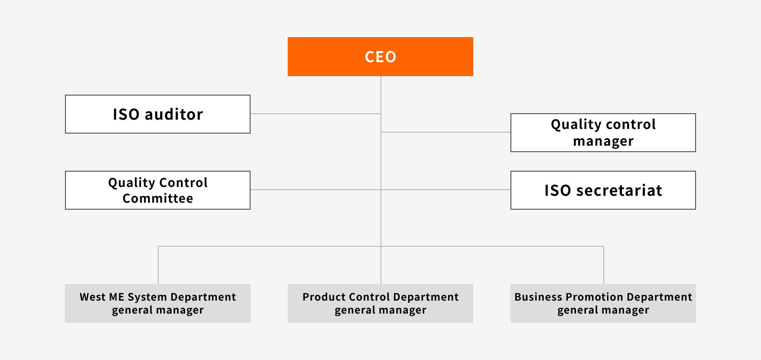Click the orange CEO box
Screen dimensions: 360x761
pyautogui.click(x=380, y=57)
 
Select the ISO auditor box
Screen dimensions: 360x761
pyautogui.click(x=158, y=114)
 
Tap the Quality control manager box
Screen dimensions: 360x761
pyautogui.click(x=603, y=133)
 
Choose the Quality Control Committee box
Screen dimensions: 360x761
pyautogui.click(x=158, y=190)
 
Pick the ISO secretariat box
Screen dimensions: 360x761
pyautogui.click(x=603, y=190)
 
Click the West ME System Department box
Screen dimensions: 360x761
pyautogui.click(x=158, y=303)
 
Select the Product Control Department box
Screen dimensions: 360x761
pyautogui.click(x=380, y=303)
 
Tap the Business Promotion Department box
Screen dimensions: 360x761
pyautogui.click(x=603, y=303)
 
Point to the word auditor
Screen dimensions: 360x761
pyautogui.click(x=174, y=115)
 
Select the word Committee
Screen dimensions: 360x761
pyautogui.click(x=158, y=199)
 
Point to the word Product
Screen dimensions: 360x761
pyautogui.click(x=323, y=297)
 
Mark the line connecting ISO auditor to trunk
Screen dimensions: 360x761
pyautogui.click(x=316, y=114)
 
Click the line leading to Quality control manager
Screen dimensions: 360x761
pyautogui.click(x=445, y=132)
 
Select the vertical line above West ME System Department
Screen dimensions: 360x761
pyautogui.click(x=158, y=265)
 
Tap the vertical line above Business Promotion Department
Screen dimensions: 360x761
pyautogui.click(x=604, y=265)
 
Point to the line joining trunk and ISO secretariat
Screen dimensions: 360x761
pyautogui.click(x=445, y=190)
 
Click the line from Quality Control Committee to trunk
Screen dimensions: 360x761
pyautogui.click(x=316, y=190)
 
